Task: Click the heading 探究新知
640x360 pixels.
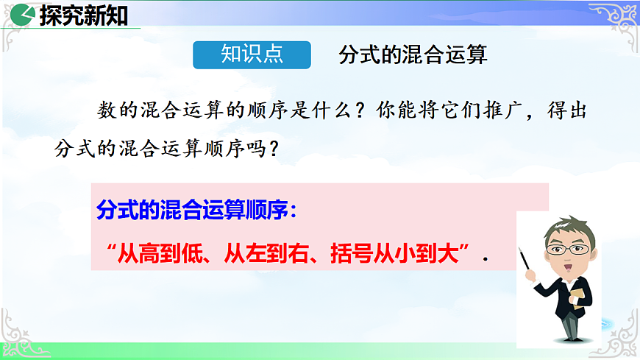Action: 83,15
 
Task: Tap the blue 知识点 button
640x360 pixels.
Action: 252,55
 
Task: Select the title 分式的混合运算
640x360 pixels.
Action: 413,56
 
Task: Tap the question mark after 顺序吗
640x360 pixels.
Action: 273,149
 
